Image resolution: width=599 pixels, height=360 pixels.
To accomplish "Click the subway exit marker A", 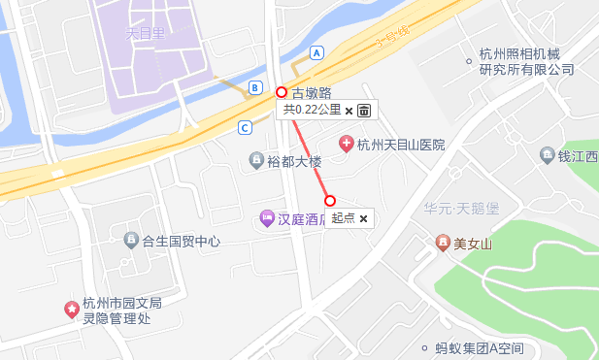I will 316,52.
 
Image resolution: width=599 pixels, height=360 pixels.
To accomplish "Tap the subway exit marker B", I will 254,87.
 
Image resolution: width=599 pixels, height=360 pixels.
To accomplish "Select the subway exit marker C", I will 245,127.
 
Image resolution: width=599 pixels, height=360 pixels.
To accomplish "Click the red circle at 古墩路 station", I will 282,93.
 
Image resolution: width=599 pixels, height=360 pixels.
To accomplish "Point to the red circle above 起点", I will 330,201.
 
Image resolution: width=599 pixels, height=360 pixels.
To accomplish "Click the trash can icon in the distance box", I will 364,111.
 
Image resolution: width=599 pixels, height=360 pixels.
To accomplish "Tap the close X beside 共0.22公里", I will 349,111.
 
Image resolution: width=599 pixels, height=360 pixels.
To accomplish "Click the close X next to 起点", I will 363,219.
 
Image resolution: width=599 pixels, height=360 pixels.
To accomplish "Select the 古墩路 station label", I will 312,93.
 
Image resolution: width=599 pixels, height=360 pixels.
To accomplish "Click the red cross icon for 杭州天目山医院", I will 345,145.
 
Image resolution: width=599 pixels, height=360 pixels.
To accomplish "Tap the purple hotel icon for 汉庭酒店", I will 266,218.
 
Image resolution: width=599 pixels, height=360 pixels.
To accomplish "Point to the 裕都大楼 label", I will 294,161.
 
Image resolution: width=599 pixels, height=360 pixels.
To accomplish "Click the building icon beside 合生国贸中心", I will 131,240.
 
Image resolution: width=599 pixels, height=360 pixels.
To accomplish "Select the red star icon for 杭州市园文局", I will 71,310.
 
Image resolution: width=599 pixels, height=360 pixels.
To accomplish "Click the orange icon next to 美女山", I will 443,242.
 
